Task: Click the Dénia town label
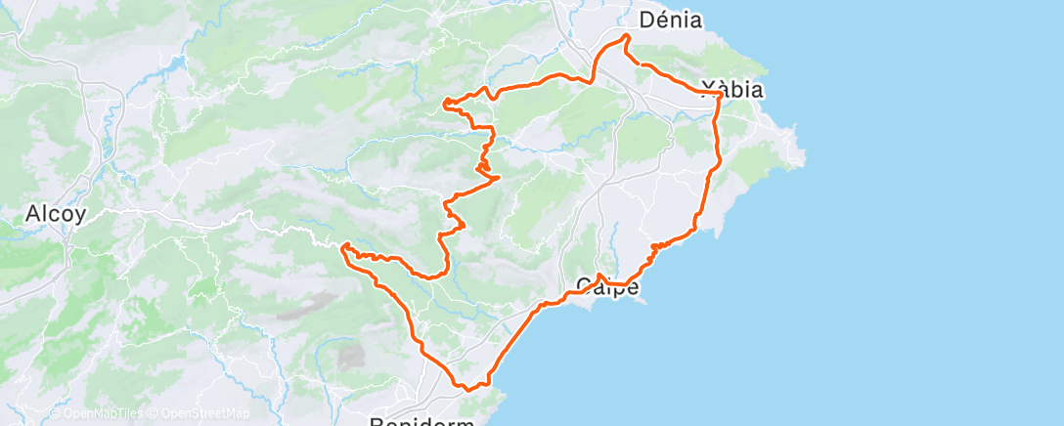tap(670, 20)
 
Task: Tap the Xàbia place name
tap(732, 89)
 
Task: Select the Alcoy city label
tap(46, 213)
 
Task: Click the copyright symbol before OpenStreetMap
tap(154, 414)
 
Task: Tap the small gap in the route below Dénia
tap(635, 61)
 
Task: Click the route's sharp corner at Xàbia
tap(721, 94)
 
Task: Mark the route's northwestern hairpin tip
tap(445, 102)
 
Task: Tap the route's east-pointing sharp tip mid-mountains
tap(500, 177)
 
